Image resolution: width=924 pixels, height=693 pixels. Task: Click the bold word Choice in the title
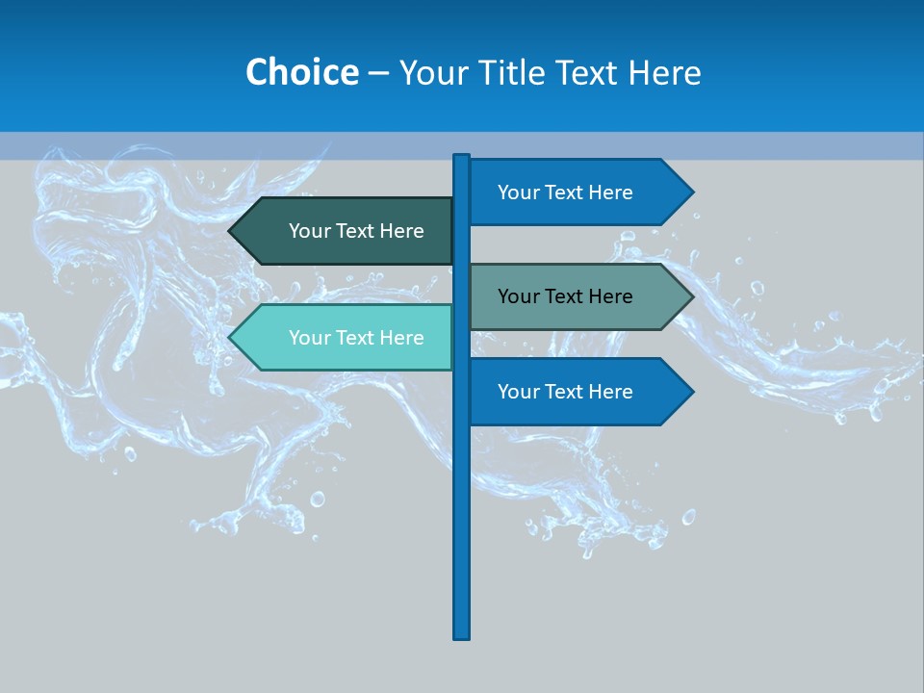(301, 72)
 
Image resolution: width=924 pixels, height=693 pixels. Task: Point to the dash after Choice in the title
(378, 73)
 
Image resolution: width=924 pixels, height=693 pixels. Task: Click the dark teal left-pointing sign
(346, 231)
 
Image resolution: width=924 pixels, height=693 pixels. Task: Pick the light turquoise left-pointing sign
(346, 338)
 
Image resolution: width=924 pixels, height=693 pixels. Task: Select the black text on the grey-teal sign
(565, 296)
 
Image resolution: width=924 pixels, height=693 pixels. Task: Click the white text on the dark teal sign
(356, 231)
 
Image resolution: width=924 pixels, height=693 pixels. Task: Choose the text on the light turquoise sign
(356, 338)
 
